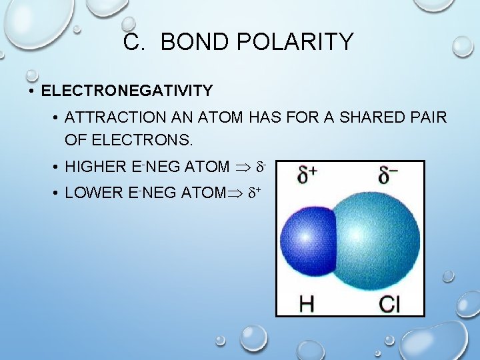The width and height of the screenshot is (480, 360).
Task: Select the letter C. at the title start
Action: pyautogui.click(x=135, y=43)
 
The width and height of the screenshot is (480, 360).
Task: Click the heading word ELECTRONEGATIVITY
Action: pyautogui.click(x=127, y=90)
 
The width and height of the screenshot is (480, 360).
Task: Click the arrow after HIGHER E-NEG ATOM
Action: pyautogui.click(x=244, y=167)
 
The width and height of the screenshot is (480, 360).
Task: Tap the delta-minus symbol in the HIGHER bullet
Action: pyautogui.click(x=263, y=165)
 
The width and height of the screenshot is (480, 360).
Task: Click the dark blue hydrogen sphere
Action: pyautogui.click(x=305, y=238)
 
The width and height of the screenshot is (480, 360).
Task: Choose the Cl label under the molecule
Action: pyautogui.click(x=389, y=304)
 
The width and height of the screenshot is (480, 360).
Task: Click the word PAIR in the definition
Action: pyautogui.click(x=426, y=118)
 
